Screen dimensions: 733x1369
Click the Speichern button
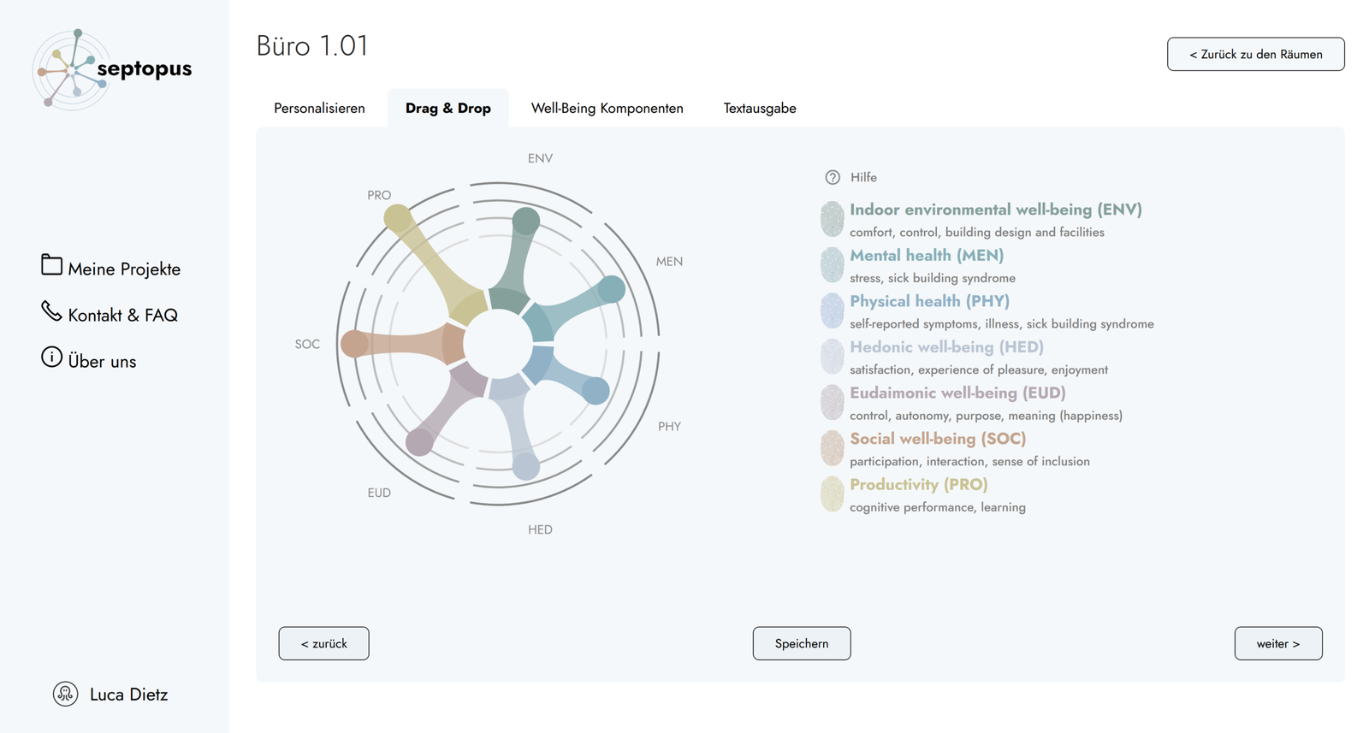click(802, 643)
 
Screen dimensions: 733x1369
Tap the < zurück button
click(323, 643)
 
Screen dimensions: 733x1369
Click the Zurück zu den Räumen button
click(1255, 54)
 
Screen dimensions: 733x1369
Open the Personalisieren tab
click(319, 109)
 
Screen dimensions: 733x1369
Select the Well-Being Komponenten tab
click(607, 109)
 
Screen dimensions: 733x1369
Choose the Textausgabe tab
click(760, 109)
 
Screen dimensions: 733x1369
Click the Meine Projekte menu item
click(123, 269)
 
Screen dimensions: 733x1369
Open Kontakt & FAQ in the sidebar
click(122, 315)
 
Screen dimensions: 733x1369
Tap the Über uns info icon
click(51, 357)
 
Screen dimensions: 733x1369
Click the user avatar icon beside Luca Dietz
click(65, 694)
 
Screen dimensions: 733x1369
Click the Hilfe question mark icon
click(833, 177)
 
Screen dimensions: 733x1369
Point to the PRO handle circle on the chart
click(397, 218)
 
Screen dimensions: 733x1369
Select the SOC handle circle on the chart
click(354, 344)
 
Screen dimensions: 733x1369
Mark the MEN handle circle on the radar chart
click(612, 289)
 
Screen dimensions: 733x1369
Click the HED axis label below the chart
click(540, 529)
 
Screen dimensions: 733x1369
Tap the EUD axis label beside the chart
click(379, 493)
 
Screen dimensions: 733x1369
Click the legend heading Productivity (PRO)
click(918, 484)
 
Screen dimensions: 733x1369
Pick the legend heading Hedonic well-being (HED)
click(946, 347)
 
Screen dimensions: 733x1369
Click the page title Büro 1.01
click(312, 45)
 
